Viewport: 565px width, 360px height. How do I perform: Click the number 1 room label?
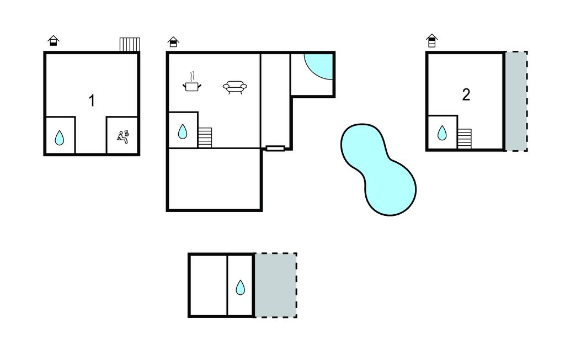pyautogui.click(x=92, y=100)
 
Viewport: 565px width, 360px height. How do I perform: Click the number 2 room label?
pyautogui.click(x=466, y=95)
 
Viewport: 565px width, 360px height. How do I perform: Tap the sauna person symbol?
pyautogui.click(x=123, y=137)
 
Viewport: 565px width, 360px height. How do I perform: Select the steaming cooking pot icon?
pyautogui.click(x=191, y=82)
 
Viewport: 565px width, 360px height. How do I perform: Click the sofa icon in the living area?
pyautogui.click(x=235, y=87)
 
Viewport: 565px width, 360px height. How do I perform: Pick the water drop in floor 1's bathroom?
pyautogui.click(x=60, y=138)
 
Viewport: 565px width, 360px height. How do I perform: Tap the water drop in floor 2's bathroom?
pyautogui.click(x=442, y=133)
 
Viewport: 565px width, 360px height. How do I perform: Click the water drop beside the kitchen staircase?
pyautogui.click(x=183, y=131)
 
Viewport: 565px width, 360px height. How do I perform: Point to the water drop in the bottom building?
pyautogui.click(x=240, y=288)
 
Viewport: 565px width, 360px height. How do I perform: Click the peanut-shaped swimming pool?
pyautogui.click(x=379, y=170)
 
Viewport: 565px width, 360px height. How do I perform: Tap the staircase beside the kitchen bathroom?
pyautogui.click(x=205, y=137)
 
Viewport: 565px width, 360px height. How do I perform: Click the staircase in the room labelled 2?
pyautogui.click(x=465, y=139)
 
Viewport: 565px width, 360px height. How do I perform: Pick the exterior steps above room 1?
pyautogui.click(x=130, y=44)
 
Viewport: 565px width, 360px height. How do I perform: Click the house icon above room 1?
pyautogui.click(x=54, y=40)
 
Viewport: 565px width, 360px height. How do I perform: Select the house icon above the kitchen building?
pyautogui.click(x=173, y=42)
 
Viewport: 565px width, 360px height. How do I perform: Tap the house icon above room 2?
pyautogui.click(x=431, y=40)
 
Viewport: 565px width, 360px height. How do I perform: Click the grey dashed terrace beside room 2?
pyautogui.click(x=516, y=101)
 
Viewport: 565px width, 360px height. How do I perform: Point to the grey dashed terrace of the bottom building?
pyautogui.click(x=276, y=285)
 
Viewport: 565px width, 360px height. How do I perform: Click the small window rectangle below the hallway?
pyautogui.click(x=275, y=148)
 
